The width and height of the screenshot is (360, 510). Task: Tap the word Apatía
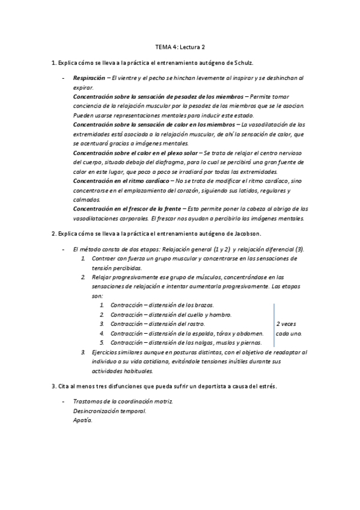(83, 420)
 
